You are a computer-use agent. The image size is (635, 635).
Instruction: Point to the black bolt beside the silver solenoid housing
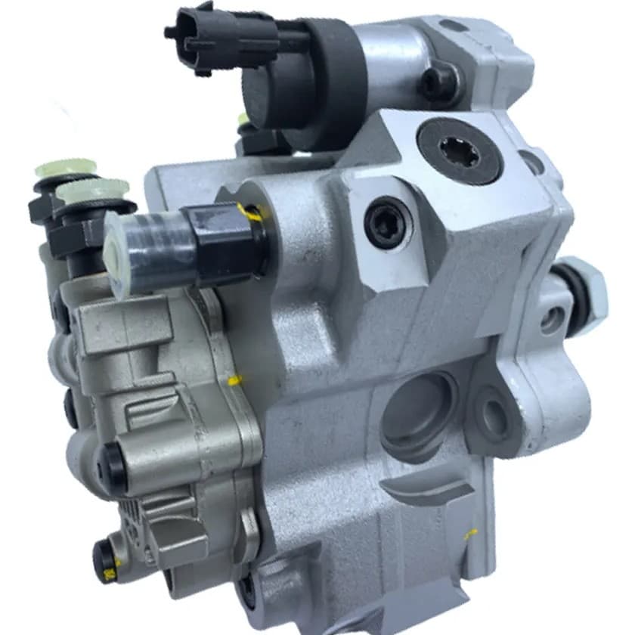pos(438,82)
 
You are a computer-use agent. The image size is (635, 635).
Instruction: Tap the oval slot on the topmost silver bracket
pos(454,27)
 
